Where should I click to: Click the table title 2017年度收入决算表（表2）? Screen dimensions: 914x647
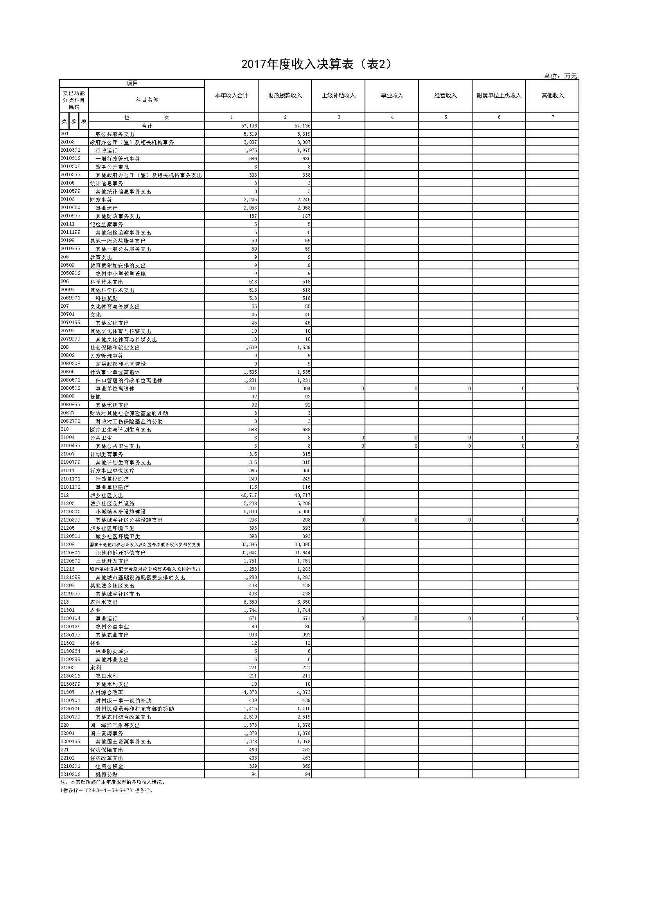click(x=317, y=65)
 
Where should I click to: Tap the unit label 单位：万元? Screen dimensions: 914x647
click(x=560, y=76)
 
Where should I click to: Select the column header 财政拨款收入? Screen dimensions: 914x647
click(x=285, y=95)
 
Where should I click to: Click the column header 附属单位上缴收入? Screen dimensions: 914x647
click(x=499, y=95)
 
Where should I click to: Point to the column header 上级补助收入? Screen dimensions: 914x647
click(x=339, y=95)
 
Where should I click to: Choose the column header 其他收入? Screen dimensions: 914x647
click(x=553, y=95)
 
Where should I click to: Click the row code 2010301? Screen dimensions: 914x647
click(x=70, y=150)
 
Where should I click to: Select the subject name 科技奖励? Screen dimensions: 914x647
click(x=107, y=298)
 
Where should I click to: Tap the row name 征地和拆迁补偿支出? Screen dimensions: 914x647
click(x=121, y=553)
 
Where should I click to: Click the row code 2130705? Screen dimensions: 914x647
click(x=70, y=709)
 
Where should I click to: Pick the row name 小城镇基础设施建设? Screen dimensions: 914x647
click(x=121, y=512)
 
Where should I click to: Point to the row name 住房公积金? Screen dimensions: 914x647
click(x=110, y=766)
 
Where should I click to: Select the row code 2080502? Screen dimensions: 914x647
click(x=70, y=388)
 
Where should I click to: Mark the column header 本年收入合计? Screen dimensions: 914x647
click(x=232, y=95)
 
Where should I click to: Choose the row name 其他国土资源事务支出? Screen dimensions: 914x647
click(x=124, y=742)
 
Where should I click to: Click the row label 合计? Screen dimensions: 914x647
click(x=147, y=126)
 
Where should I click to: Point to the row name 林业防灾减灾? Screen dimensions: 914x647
click(x=112, y=651)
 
